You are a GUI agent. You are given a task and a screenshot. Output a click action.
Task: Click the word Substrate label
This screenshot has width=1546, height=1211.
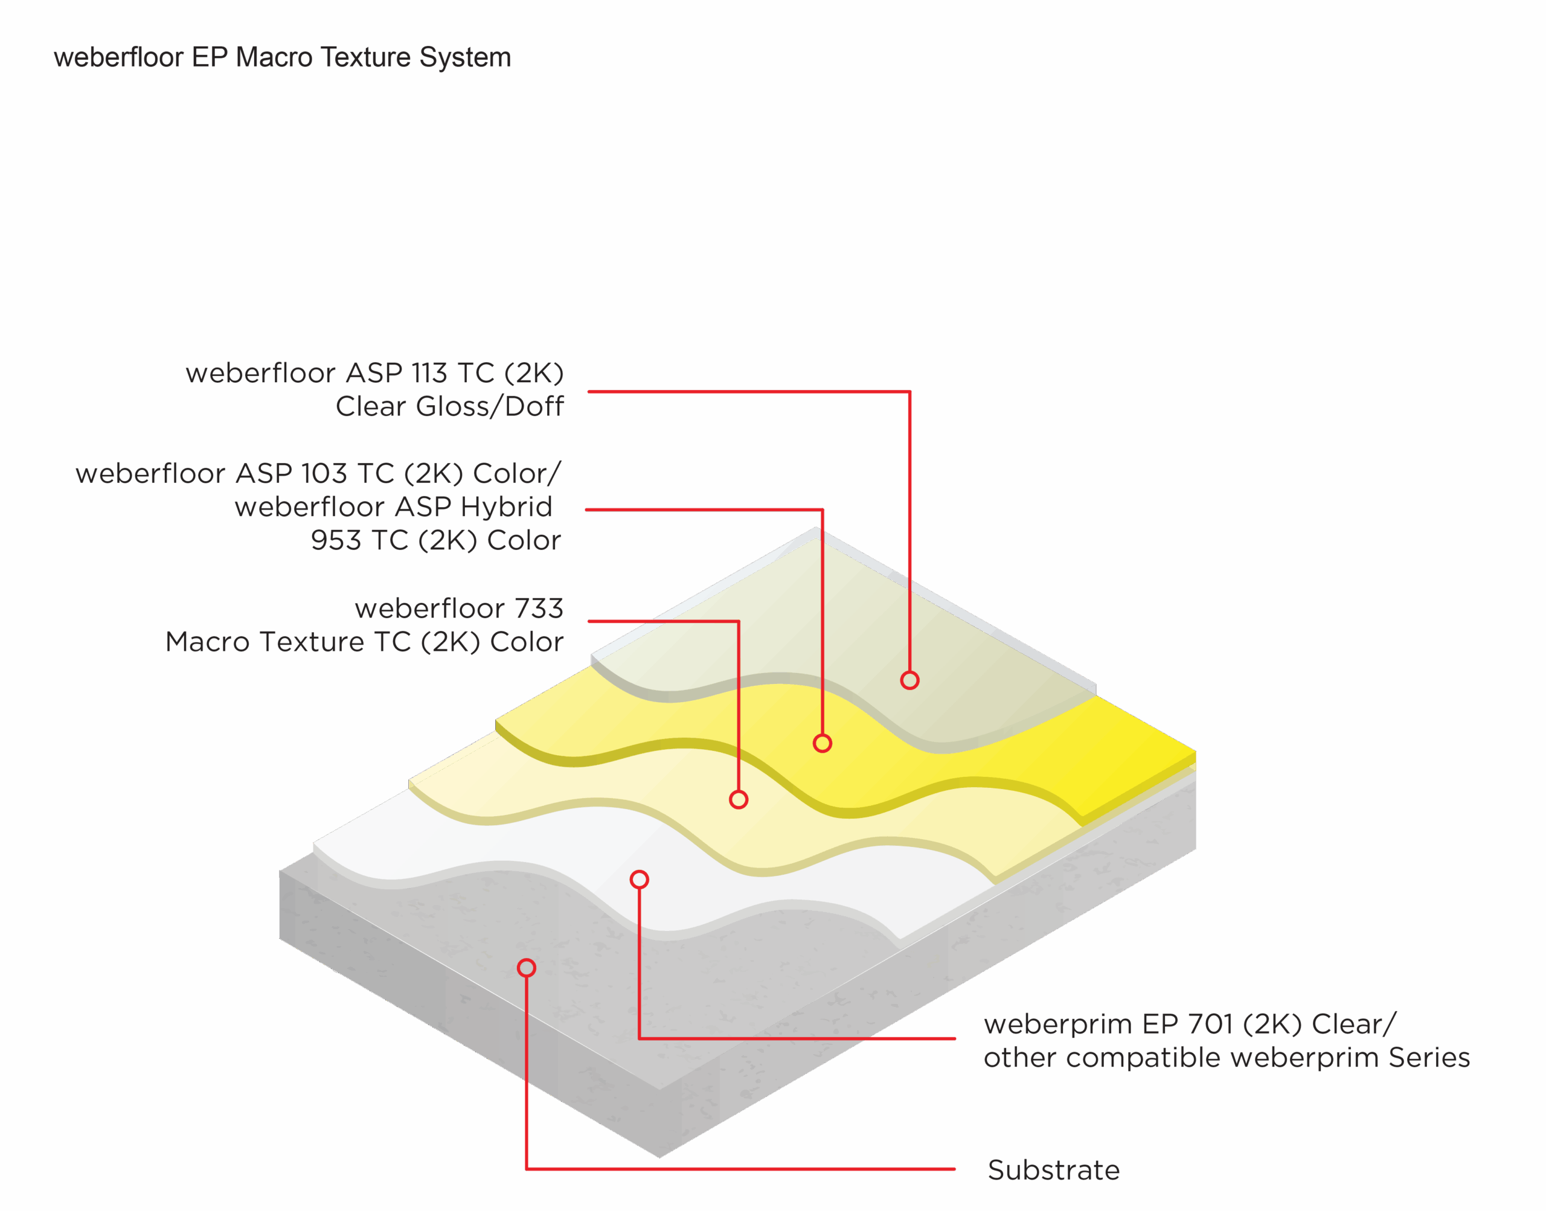[1053, 1170]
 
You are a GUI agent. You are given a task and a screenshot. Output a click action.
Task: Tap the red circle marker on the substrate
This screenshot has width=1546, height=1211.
[526, 968]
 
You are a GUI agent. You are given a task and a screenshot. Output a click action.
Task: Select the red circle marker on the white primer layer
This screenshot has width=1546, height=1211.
[639, 880]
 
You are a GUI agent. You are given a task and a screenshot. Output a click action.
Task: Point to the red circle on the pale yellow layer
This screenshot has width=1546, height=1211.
[738, 800]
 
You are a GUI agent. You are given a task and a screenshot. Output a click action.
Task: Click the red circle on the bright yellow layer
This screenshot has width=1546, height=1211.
[822, 743]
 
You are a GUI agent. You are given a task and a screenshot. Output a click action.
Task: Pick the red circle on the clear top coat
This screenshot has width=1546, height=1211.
[910, 680]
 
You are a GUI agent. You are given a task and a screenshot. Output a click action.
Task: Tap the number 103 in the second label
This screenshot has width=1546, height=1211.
[322, 474]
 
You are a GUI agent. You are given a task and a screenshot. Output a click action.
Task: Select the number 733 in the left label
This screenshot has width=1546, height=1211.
[538, 609]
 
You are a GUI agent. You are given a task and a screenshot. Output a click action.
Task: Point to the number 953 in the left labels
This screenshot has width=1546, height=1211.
[336, 540]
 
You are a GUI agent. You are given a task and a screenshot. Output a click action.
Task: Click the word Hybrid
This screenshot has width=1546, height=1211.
[505, 508]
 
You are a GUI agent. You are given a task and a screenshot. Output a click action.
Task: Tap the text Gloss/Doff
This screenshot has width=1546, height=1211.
[489, 406]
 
